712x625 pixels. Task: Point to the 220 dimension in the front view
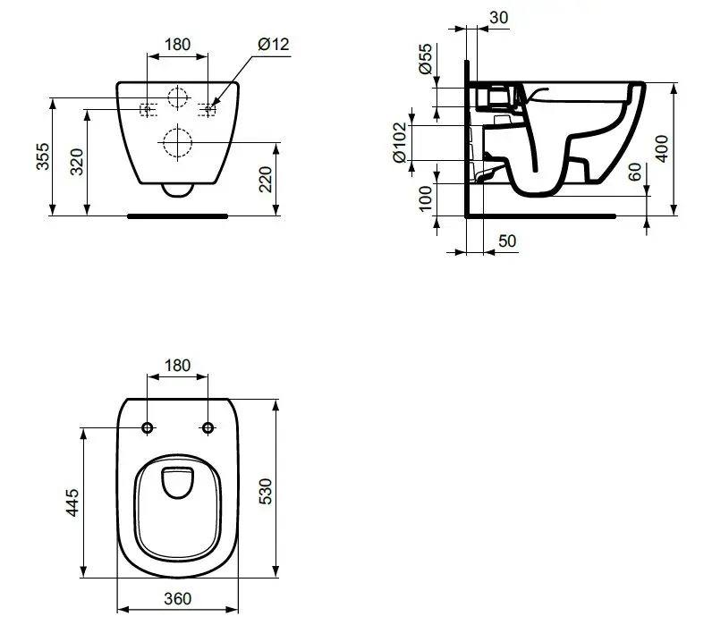266,178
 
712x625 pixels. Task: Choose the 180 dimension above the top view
177,365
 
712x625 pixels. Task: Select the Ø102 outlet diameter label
400,142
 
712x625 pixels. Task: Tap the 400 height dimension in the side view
662,148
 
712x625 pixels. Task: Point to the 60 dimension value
634,173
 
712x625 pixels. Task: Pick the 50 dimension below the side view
508,240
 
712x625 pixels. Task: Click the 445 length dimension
72,503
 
